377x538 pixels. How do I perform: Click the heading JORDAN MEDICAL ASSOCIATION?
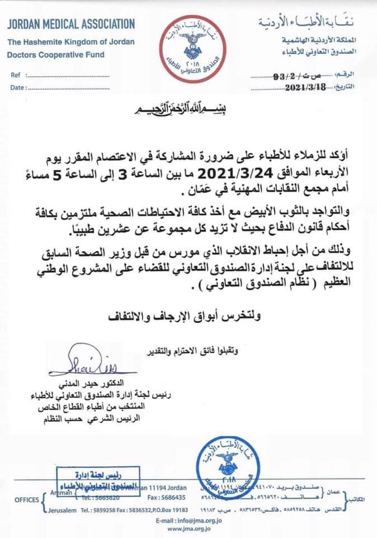[x=71, y=24]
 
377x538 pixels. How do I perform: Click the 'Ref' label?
[x=16, y=75]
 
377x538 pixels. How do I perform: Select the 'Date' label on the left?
[x=17, y=87]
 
